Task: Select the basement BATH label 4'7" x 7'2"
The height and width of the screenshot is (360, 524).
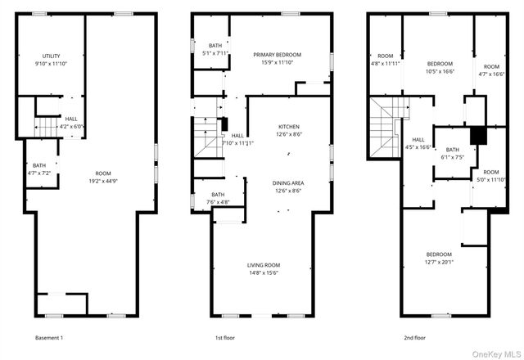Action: tap(39, 170)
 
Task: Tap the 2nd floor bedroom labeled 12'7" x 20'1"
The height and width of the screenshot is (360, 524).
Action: tap(438, 258)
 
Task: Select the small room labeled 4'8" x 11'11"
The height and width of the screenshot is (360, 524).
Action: tap(386, 59)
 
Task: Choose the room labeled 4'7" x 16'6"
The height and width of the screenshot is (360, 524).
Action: tap(491, 70)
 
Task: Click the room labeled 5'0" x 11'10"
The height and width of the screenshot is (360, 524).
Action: tap(490, 176)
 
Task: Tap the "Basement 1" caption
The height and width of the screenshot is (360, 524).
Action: tap(49, 338)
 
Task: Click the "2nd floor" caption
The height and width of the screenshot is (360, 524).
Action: tap(413, 338)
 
